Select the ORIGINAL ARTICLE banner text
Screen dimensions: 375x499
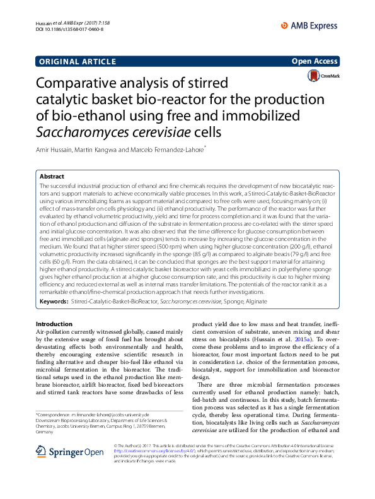click(x=78, y=61)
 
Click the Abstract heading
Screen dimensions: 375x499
click(x=52, y=177)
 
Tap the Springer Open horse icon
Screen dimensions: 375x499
click(x=42, y=451)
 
